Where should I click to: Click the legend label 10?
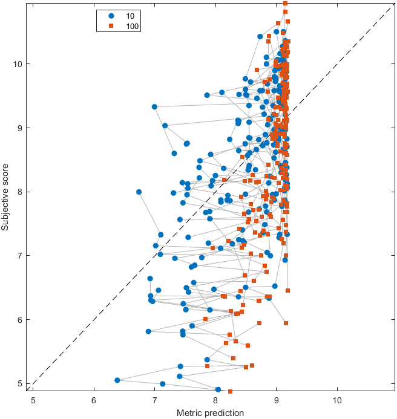click(130, 15)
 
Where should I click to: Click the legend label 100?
click(132, 26)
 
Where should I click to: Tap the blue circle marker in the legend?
click(111, 15)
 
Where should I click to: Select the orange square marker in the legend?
click(111, 26)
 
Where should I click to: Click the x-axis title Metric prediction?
click(210, 413)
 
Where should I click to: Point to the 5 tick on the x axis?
click(33, 400)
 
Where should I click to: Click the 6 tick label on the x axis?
click(94, 400)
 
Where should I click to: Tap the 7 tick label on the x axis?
click(154, 400)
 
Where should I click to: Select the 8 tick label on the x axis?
click(215, 400)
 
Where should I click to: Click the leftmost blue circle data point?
click(117, 380)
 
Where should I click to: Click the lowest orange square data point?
click(230, 392)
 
